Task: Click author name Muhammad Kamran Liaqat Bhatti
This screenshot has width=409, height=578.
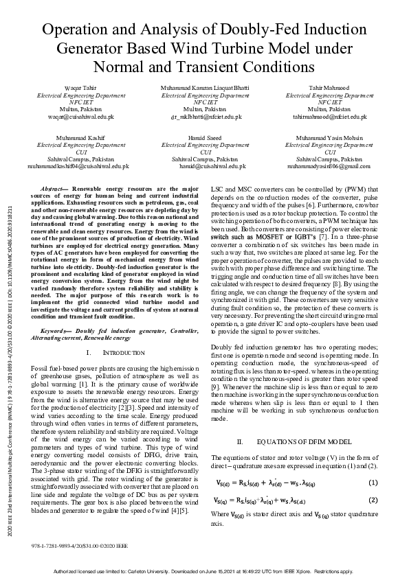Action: click(x=205, y=89)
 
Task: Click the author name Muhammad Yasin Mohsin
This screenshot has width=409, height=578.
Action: click(x=329, y=138)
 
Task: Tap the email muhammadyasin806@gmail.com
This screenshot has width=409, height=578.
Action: click(x=329, y=166)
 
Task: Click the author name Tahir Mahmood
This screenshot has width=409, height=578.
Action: click(x=329, y=89)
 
